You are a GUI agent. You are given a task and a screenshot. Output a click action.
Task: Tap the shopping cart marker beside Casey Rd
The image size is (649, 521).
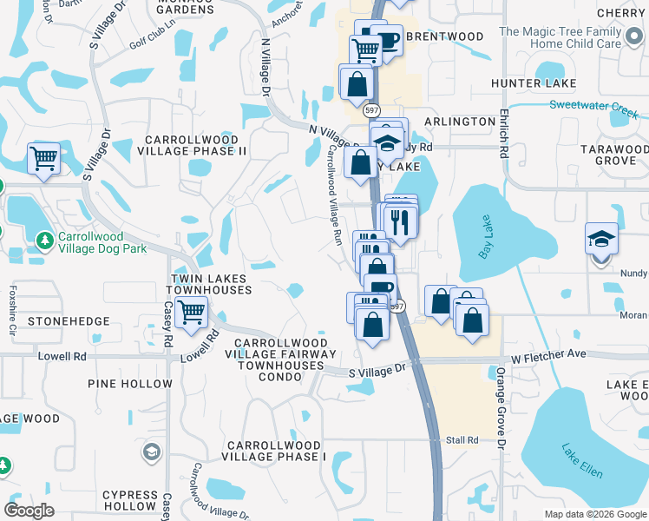[x=191, y=312]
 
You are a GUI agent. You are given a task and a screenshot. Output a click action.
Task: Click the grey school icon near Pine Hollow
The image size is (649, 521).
[x=152, y=452]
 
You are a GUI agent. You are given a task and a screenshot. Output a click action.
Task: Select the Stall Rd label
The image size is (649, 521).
[x=461, y=440]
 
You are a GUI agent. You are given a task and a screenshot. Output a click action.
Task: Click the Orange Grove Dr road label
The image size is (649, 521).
[x=501, y=408]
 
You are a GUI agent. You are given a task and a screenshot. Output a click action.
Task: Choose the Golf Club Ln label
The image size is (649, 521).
[x=152, y=43]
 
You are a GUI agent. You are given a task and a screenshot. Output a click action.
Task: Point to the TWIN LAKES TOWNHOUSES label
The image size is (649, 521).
[x=207, y=283]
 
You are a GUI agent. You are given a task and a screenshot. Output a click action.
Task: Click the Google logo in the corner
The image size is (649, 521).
[x=29, y=511]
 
